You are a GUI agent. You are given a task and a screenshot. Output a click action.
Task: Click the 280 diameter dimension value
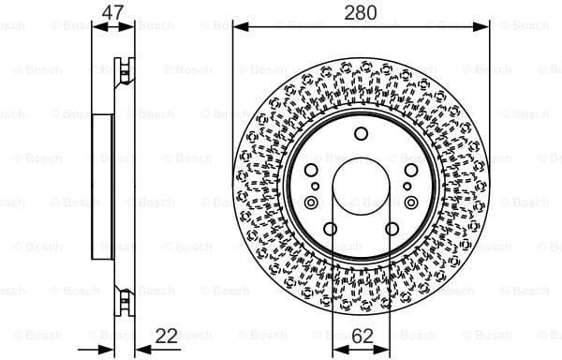[x=361, y=13]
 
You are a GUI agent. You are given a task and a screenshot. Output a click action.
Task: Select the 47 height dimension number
[x=113, y=13]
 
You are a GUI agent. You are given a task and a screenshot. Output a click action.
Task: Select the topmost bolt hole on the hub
[x=361, y=134]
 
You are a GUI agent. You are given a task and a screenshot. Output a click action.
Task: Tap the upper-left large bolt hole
[x=312, y=172]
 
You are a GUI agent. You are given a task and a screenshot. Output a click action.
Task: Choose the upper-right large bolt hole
[x=410, y=172]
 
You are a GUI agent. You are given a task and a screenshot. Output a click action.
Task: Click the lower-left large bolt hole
[x=331, y=229]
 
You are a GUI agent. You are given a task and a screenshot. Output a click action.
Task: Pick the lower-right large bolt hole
[x=392, y=229]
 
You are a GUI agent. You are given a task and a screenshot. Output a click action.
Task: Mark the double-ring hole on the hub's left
[x=311, y=202]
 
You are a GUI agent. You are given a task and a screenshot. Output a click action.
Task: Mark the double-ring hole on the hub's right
[x=411, y=202]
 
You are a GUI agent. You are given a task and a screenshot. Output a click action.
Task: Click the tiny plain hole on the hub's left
[x=316, y=187]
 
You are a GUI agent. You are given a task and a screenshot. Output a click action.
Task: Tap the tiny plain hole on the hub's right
[x=407, y=187]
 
